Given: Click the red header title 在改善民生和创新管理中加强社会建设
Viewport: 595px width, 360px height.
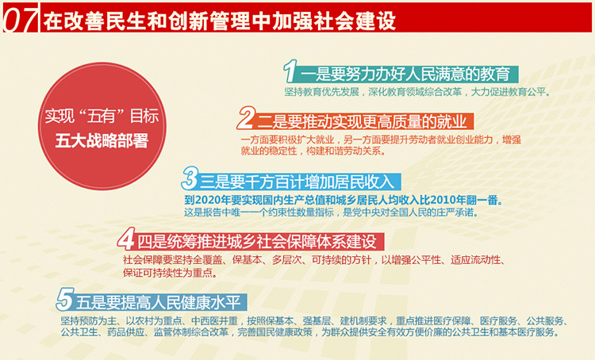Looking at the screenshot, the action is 219,20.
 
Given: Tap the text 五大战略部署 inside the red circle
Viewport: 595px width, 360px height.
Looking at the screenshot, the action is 102,140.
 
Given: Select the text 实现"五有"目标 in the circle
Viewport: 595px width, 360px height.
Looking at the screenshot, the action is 102,116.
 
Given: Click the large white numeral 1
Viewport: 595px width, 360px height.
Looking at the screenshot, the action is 290,71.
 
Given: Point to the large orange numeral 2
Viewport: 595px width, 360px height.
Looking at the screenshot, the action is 246,118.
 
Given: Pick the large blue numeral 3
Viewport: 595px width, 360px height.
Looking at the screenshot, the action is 190,178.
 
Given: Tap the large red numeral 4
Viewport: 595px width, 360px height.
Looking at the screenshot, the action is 126,239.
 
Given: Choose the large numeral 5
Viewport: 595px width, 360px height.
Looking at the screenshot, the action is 65,299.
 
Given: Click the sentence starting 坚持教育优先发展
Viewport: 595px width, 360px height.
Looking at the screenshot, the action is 417,92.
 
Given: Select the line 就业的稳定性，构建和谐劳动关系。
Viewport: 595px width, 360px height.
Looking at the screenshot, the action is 313,151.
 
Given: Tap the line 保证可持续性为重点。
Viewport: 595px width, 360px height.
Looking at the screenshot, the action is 171,272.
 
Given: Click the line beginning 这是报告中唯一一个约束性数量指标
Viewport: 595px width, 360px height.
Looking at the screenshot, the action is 331,212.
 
